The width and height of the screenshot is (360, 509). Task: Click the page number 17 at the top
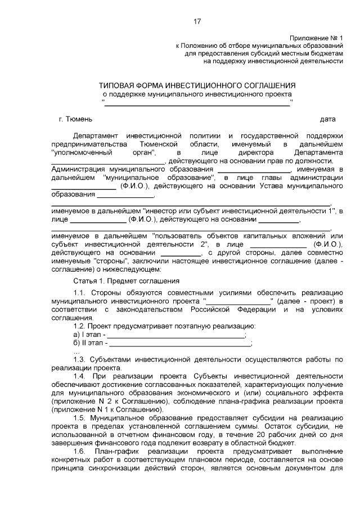(x=197, y=21)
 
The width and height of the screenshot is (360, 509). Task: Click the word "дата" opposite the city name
(x=327, y=119)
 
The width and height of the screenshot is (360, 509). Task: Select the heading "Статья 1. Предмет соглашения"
(x=126, y=280)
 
